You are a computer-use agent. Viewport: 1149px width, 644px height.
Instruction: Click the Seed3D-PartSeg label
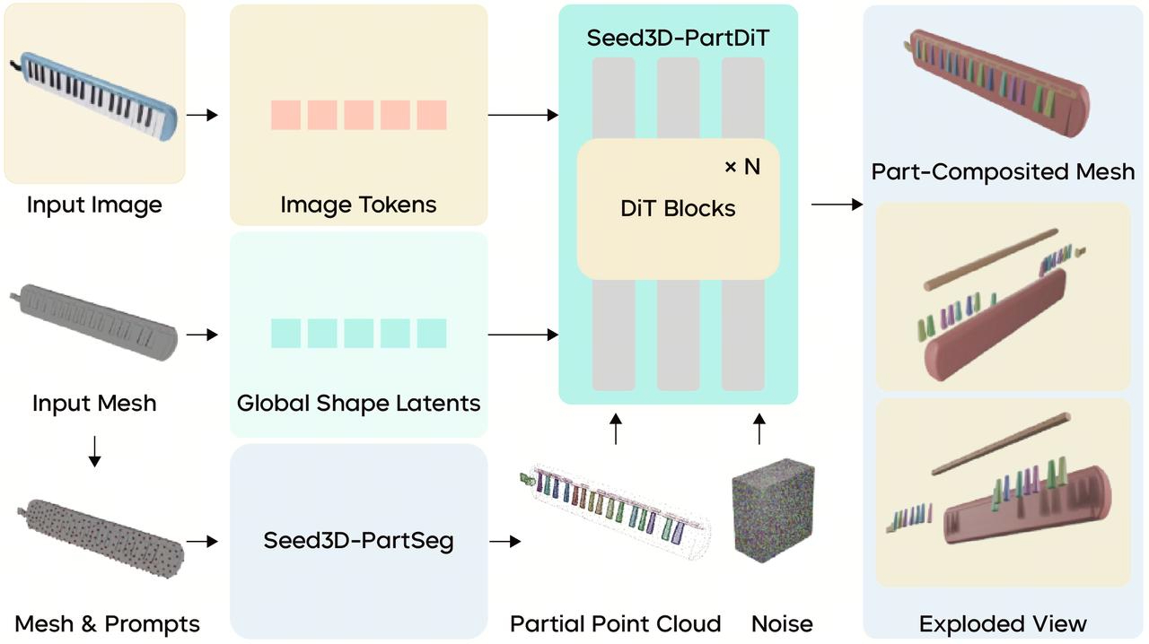tap(358, 541)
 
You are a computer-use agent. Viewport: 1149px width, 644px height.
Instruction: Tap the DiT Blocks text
tap(678, 209)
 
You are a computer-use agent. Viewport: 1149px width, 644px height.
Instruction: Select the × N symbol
tap(741, 167)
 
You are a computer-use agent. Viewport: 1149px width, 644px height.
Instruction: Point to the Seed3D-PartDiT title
tap(678, 39)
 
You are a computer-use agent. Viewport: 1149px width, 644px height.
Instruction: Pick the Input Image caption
tap(94, 205)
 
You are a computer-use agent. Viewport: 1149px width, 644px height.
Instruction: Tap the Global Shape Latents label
tap(358, 403)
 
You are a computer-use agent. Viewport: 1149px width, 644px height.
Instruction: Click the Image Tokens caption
tap(358, 205)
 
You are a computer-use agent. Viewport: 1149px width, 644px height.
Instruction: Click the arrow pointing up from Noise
tap(759, 429)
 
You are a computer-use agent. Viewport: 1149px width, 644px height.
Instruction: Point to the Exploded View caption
tap(1003, 624)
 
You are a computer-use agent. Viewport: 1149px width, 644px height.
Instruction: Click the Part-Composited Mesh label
tap(1003, 171)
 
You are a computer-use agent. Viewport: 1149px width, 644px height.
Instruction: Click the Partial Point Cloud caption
tap(615, 624)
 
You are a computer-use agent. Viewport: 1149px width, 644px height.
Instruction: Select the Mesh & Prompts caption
tap(107, 624)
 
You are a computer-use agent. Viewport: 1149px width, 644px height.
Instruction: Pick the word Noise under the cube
tap(782, 624)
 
